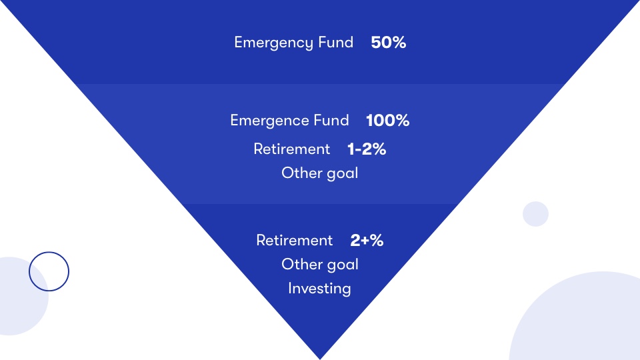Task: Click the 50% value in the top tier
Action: [x=388, y=43]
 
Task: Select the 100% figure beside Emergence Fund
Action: [x=387, y=121]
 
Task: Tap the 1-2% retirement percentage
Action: [x=367, y=149]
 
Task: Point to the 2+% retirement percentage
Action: [x=367, y=241]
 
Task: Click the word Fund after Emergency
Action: [x=336, y=43]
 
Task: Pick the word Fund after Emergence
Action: [x=331, y=121]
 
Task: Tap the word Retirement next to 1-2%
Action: [x=291, y=149]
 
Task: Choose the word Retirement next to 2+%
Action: [x=294, y=241]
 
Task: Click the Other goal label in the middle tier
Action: [x=319, y=173]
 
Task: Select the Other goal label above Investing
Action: [x=319, y=265]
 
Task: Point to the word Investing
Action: [x=319, y=289]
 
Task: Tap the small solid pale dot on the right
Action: [x=535, y=214]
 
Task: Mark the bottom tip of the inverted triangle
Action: [x=320, y=359]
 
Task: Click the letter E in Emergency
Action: [x=239, y=43]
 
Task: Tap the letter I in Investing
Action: [x=290, y=288]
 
